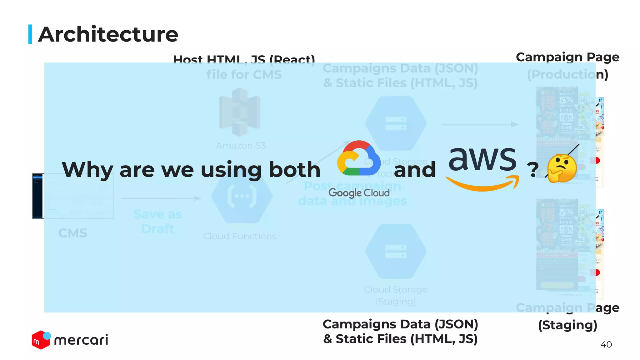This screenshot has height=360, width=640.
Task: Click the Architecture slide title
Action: pyautogui.click(x=108, y=34)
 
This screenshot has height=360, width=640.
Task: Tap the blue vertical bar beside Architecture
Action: pyautogui.click(x=30, y=34)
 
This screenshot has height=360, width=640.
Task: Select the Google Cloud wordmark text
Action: pyautogui.click(x=359, y=193)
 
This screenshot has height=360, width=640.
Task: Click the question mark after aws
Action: pyautogui.click(x=532, y=170)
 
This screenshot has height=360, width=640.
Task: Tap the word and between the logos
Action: pyautogui.click(x=415, y=170)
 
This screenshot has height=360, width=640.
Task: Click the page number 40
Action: pyautogui.click(x=606, y=344)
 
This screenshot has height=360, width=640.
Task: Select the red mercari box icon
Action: pyautogui.click(x=41, y=340)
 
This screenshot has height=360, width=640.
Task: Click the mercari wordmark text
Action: pyautogui.click(x=81, y=340)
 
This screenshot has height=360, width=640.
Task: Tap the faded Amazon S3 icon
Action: pyautogui.click(x=240, y=112)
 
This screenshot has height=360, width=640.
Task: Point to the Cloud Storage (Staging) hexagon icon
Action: pyautogui.click(x=396, y=252)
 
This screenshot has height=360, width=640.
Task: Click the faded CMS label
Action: pyautogui.click(x=73, y=233)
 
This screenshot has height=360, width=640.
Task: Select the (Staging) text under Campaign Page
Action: pyautogui.click(x=567, y=325)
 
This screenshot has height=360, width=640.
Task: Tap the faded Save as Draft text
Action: pyautogui.click(x=158, y=222)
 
